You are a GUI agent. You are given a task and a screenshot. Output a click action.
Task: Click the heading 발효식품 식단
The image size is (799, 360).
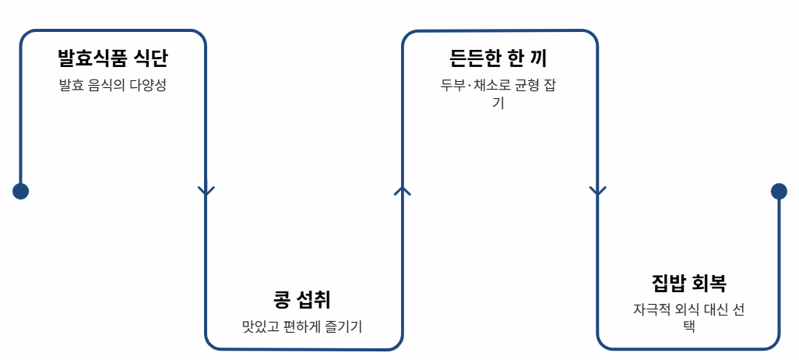point(113,58)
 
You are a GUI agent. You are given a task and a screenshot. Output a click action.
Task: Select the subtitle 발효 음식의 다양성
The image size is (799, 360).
point(113,86)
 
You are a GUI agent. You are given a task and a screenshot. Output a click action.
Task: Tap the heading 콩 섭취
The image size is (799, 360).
point(303,299)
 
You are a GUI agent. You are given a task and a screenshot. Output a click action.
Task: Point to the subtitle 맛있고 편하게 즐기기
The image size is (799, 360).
point(303,326)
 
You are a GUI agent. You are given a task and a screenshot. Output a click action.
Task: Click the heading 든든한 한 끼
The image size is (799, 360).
point(499,58)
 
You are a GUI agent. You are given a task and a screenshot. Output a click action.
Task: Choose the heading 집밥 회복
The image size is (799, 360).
point(688,282)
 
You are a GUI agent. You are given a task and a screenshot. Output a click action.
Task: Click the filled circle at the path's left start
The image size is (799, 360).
point(20,191)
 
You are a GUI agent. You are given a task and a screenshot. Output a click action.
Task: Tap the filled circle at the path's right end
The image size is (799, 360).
point(779,191)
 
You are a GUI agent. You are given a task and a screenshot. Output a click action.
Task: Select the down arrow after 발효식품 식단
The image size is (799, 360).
point(206,191)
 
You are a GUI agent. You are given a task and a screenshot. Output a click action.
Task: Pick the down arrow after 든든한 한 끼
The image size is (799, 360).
point(597,191)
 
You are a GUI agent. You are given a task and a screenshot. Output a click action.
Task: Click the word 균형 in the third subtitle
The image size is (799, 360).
point(519,86)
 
